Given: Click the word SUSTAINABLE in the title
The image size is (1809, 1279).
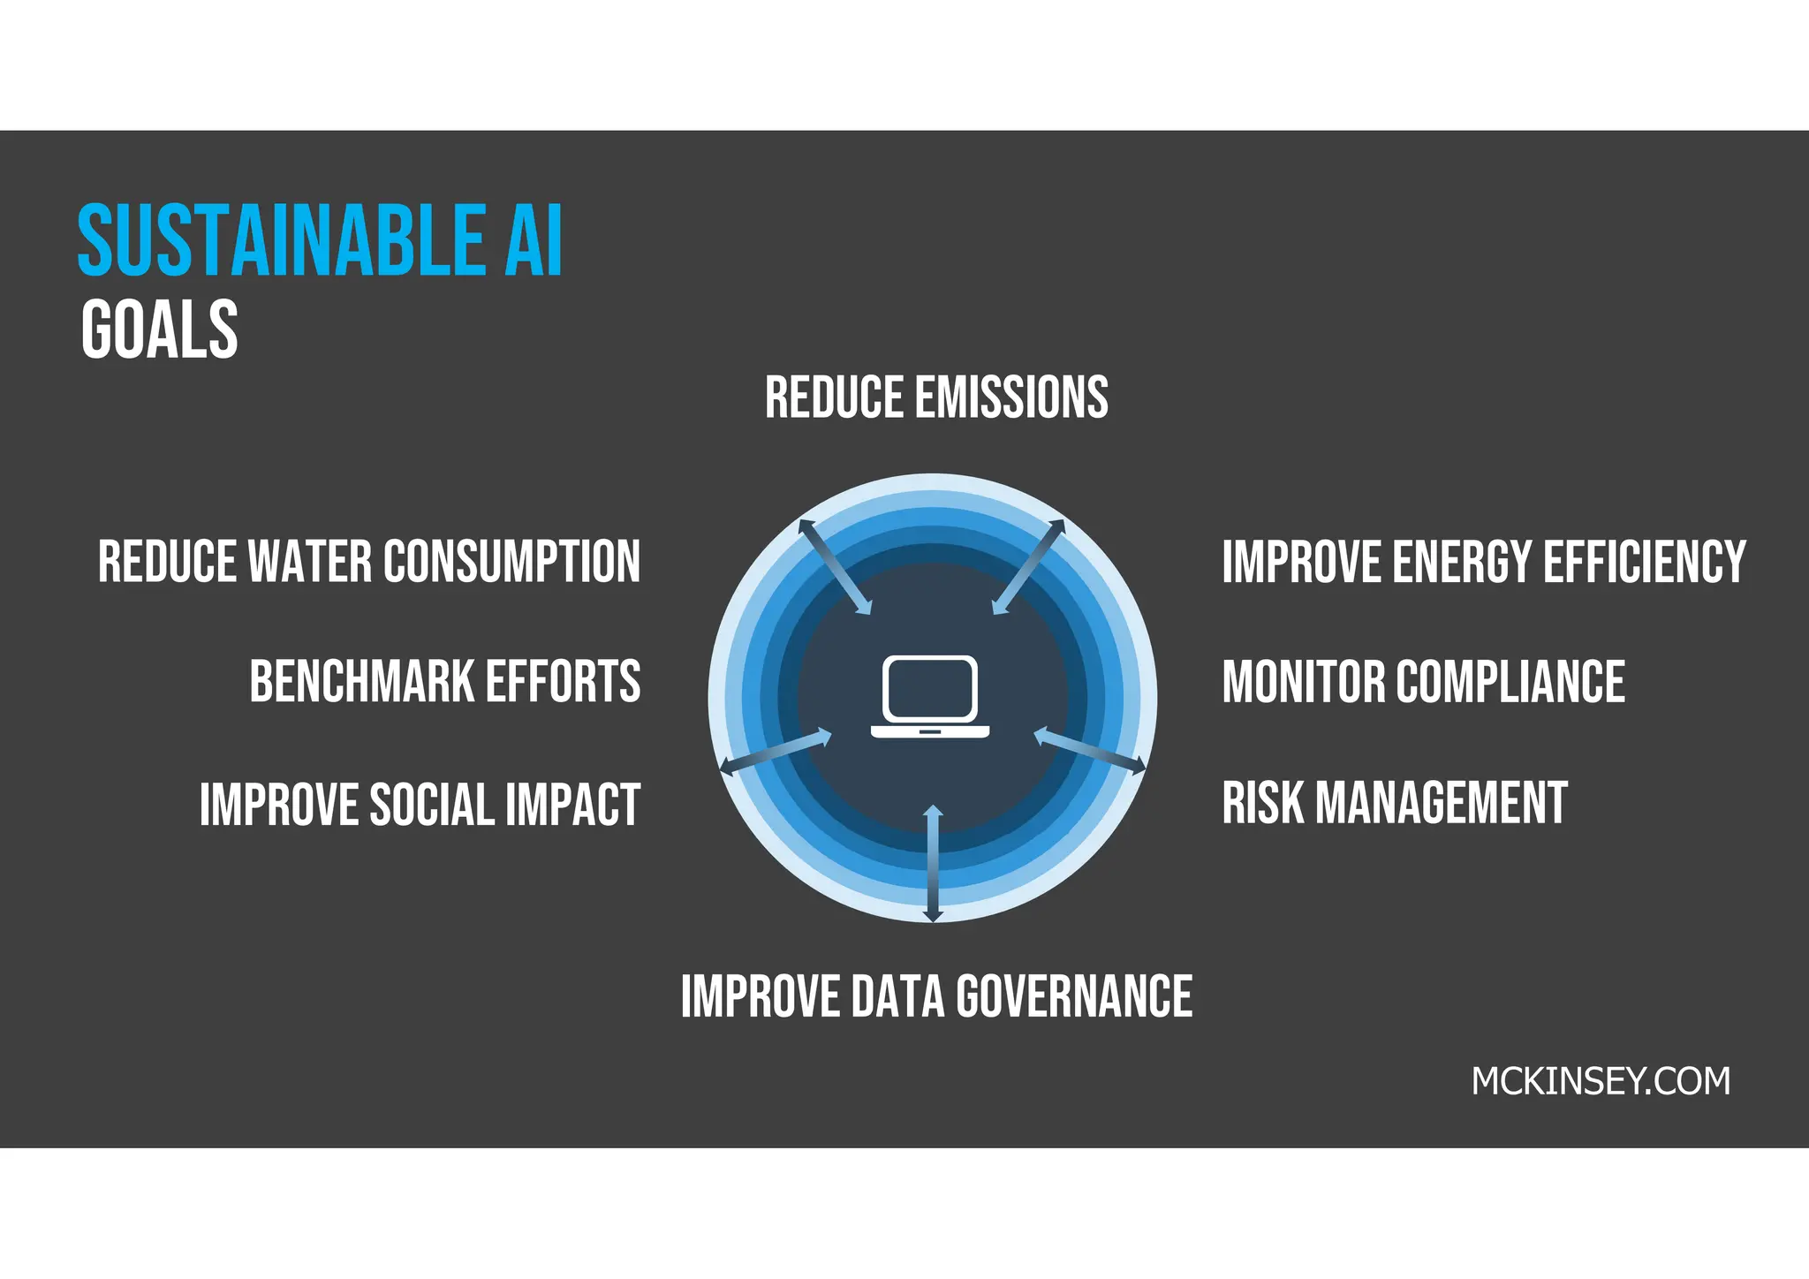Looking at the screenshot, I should click(x=281, y=240).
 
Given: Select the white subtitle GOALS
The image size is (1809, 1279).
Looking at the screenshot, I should click(x=160, y=329).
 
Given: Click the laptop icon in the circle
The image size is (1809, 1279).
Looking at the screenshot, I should click(x=930, y=697).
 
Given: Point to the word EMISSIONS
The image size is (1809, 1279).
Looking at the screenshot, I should click(x=1011, y=397).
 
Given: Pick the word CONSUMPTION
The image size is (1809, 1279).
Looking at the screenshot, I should click(x=511, y=562).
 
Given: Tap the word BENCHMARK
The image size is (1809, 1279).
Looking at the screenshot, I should click(x=362, y=682).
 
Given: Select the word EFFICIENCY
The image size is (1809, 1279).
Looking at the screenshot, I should click(x=1644, y=562).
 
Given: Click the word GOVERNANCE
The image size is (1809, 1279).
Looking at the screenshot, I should click(x=1074, y=997).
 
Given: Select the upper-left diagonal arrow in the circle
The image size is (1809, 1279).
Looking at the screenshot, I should click(x=835, y=566).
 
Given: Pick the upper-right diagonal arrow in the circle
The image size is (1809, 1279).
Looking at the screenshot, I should click(x=1028, y=566).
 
